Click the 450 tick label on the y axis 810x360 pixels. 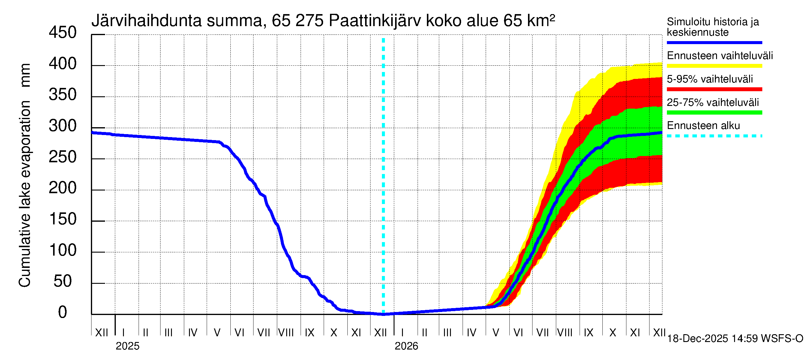(63, 33)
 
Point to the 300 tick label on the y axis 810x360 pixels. (63, 126)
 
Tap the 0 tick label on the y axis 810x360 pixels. (63, 312)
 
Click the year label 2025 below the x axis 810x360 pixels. (127, 346)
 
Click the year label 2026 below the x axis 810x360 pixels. (406, 346)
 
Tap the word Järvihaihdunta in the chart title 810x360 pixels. (146, 21)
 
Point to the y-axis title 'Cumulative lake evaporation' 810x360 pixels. (25, 193)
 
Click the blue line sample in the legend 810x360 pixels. (714, 42)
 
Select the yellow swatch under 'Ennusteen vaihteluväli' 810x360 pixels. (714, 66)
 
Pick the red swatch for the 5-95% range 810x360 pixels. (714, 89)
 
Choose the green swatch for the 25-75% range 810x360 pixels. (714, 112)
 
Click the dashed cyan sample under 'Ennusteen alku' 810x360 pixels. (714, 136)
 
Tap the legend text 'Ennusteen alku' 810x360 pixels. (703, 126)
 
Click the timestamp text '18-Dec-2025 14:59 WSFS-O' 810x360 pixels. (735, 339)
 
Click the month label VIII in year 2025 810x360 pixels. (286, 333)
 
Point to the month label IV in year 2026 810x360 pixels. (471, 333)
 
